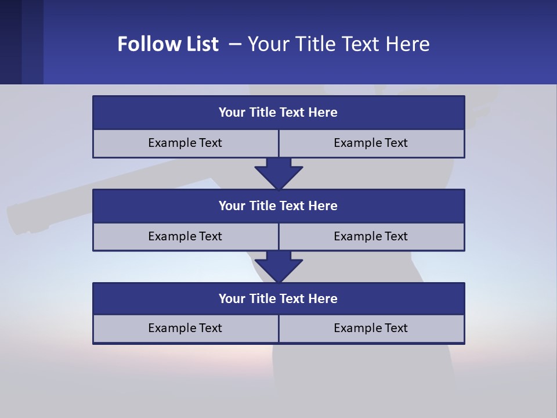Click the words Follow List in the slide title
coord(168,44)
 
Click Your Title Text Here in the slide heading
coord(338,44)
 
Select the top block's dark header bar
coord(278,113)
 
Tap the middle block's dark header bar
coord(278,206)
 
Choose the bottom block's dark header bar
coord(278,299)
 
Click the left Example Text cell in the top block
coord(185,143)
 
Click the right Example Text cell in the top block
coord(371,143)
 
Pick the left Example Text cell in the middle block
coord(185,236)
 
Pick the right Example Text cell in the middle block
coord(371,236)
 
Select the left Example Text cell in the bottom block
coord(185,328)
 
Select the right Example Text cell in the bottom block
coord(371,328)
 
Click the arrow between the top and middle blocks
coord(278,173)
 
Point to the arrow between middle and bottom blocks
coord(278,266)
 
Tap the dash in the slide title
coord(235,44)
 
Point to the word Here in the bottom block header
coord(323,299)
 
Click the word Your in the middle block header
coord(232,206)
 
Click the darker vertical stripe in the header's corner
coord(10,42)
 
